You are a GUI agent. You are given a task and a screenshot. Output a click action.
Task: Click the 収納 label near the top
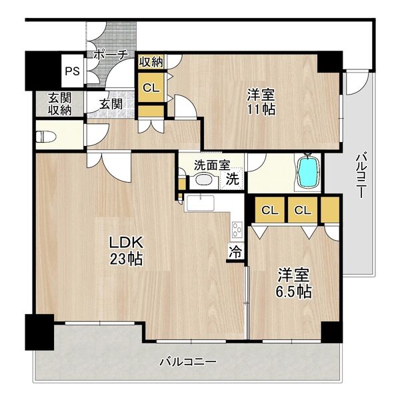[x=151, y=62]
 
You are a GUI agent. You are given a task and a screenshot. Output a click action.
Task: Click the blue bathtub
[x=307, y=172]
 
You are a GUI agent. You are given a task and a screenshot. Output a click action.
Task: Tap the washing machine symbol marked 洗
[x=231, y=179]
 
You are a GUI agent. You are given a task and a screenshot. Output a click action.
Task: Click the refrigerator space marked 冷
[x=235, y=251]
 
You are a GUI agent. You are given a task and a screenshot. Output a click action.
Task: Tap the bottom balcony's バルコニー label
[x=187, y=363]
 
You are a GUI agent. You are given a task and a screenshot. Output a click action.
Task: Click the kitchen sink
[x=199, y=203]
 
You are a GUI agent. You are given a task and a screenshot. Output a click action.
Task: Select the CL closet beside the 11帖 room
[x=151, y=86]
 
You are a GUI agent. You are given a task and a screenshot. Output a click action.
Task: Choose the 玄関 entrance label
[x=111, y=103]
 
